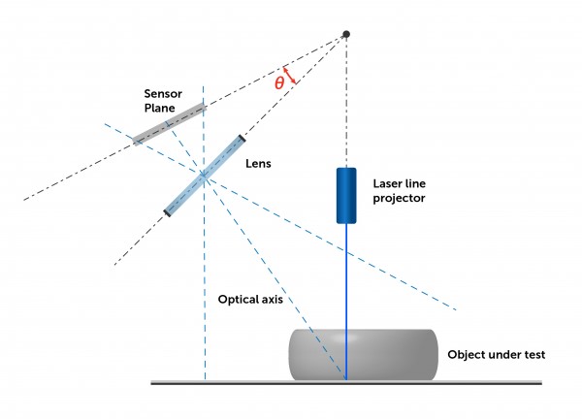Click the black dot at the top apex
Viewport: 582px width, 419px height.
(346, 35)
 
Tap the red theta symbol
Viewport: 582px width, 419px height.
(279, 83)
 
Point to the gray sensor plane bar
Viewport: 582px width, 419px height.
(169, 122)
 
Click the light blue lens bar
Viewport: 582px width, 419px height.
(205, 175)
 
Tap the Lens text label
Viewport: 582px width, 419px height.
(258, 164)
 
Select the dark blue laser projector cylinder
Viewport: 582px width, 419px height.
(346, 195)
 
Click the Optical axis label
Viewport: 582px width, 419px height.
(250, 300)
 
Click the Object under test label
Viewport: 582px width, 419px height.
(496, 355)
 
